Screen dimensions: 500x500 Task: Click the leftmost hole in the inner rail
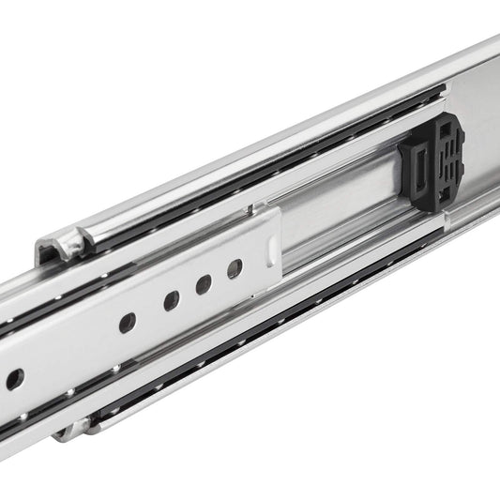pos(14,379)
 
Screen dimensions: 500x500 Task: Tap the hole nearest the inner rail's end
pos(235,269)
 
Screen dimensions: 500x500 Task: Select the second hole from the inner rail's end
pos(203,285)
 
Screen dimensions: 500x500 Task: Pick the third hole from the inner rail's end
pos(171,301)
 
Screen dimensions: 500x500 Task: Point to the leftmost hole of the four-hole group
pos(127,323)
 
